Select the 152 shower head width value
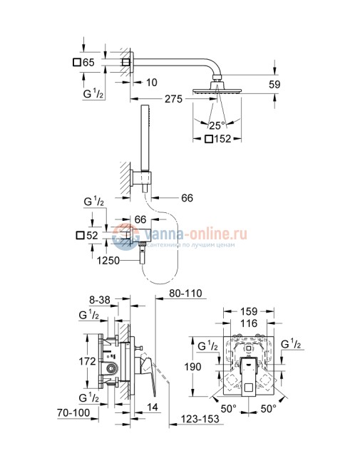tap(222, 139)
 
